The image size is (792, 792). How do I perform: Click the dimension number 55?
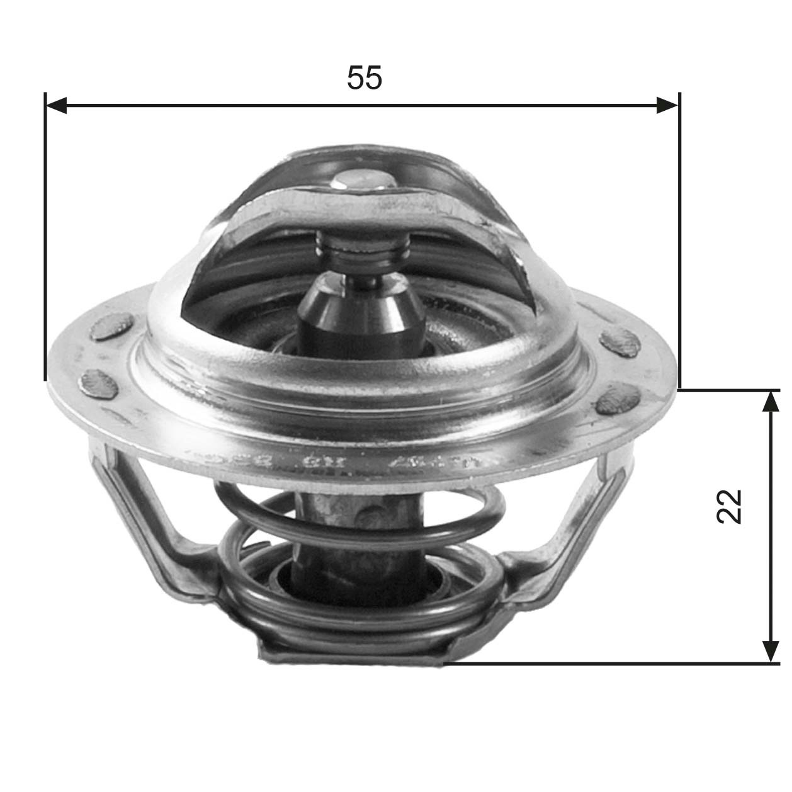(365, 78)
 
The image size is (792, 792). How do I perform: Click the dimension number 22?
(729, 506)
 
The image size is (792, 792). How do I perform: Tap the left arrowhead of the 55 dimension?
(57, 106)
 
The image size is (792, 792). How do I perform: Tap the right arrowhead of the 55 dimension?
(667, 106)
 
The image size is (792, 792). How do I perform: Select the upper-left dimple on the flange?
(111, 328)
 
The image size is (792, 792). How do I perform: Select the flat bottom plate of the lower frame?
(353, 655)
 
